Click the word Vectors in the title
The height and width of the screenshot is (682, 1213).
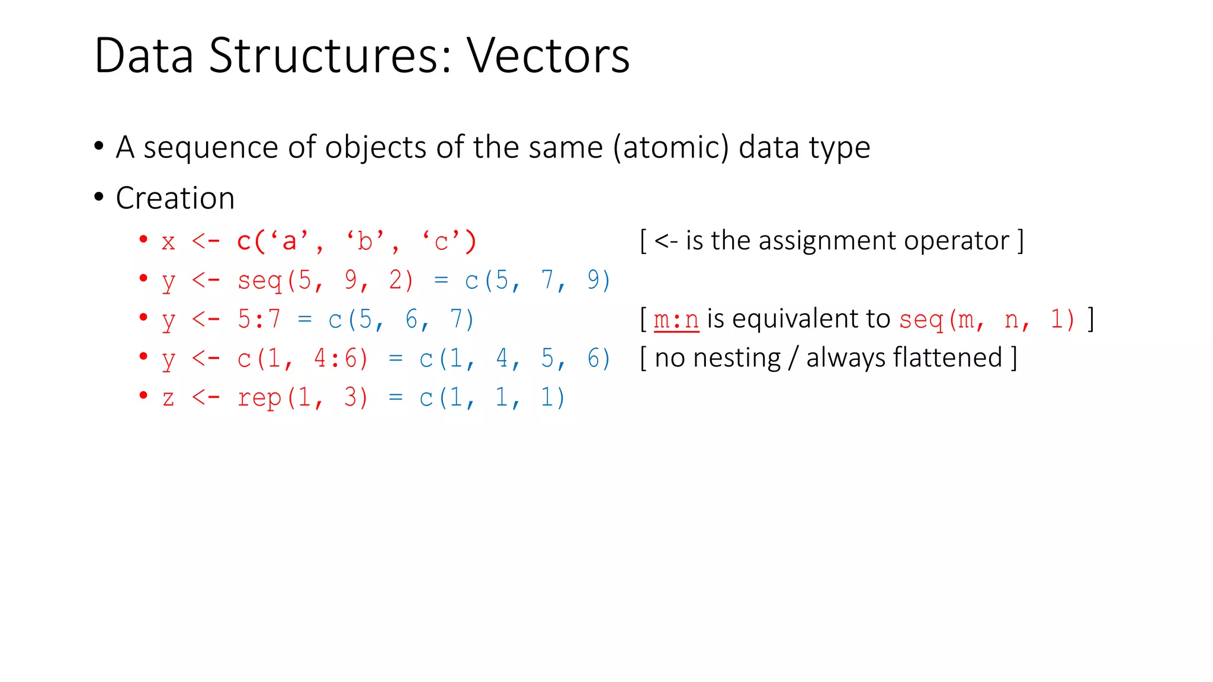tap(548, 56)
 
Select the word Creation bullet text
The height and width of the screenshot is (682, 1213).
tap(175, 198)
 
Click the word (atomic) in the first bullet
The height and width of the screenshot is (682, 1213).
tap(671, 147)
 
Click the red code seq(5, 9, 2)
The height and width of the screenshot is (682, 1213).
tap(325, 281)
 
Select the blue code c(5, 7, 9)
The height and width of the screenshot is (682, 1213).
tap(537, 281)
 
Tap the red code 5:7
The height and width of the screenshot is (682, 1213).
tap(259, 320)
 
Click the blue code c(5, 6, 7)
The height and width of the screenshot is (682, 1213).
tap(401, 320)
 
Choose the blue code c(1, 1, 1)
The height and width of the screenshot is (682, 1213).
tap(492, 398)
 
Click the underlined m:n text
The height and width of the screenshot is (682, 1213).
tap(676, 320)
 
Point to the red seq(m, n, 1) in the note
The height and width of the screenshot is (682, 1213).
tap(987, 320)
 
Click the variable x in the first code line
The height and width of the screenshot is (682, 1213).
tap(168, 242)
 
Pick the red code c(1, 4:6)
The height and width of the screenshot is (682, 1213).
tap(303, 359)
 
